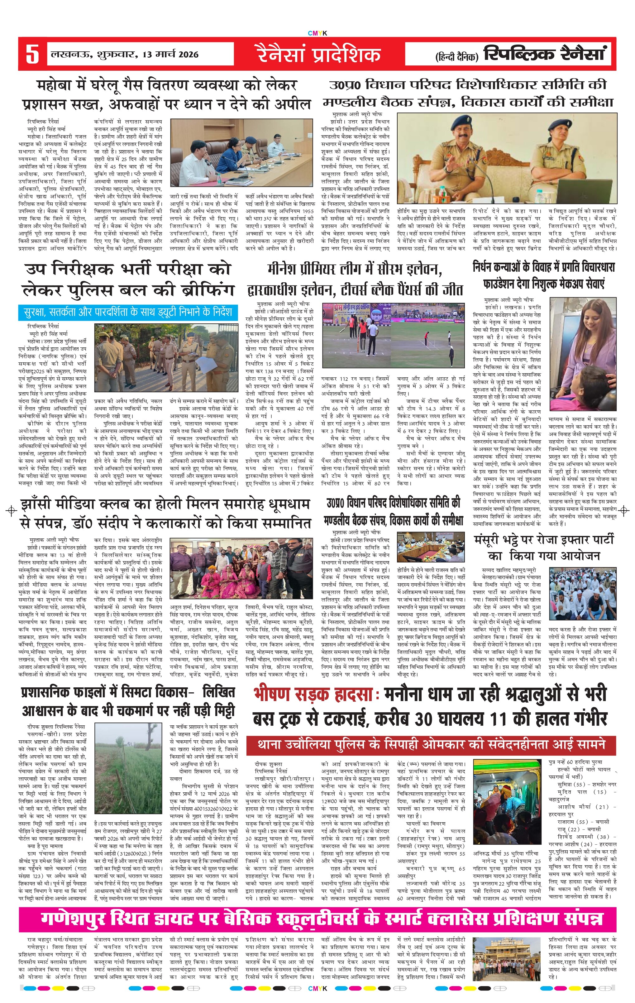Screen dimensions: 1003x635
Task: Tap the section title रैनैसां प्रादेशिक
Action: click(318, 55)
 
